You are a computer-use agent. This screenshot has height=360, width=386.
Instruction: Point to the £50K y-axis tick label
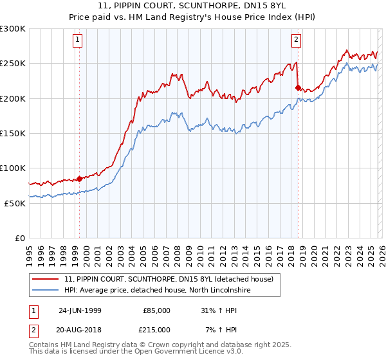(15, 203)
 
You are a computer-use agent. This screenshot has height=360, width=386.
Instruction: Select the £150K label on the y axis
(13, 133)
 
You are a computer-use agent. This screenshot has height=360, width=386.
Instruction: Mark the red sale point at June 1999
(80, 179)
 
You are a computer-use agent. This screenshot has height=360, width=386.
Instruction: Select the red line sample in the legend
(46, 279)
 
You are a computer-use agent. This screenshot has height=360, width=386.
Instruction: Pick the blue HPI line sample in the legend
(46, 291)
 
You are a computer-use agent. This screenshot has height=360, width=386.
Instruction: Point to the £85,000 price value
(156, 310)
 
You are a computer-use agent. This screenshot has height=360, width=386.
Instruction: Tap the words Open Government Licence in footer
(169, 353)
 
